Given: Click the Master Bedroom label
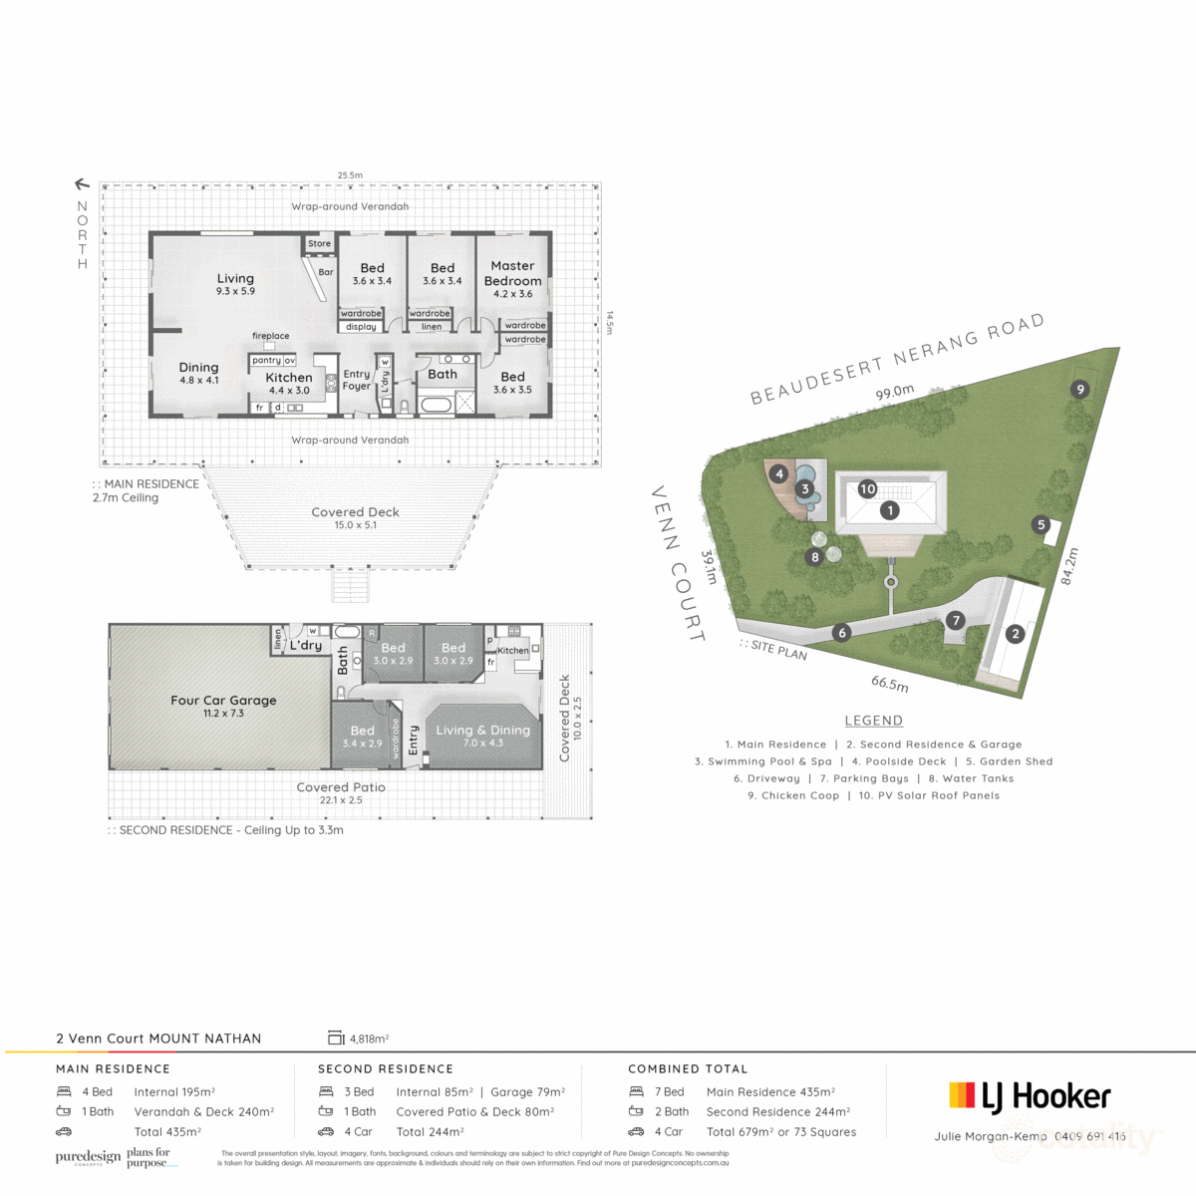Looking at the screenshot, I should pos(512,273).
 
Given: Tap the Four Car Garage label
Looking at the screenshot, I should pos(223,701).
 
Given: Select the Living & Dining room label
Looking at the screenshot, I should pos(482,731).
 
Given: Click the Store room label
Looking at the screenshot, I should pos(319,243).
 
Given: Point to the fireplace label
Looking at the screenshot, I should pos(270,337).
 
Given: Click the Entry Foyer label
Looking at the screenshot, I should pos(356,380).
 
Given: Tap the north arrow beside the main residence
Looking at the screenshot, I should pos(83,184).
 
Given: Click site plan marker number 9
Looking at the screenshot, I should pos(1079,390).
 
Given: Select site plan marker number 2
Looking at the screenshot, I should pos(1016,633).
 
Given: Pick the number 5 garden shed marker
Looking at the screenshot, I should pos(1042,524).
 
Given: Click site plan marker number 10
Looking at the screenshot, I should pos(867,488).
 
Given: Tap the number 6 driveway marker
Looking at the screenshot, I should pos(842,632).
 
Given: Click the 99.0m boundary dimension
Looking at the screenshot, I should pos(894,393).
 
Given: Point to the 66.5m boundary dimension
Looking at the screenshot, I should pos(889,685).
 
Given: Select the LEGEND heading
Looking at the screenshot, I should pos(873,721).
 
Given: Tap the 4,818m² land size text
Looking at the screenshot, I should pos(369,1039).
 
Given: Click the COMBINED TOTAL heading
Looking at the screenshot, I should pos(688,1068).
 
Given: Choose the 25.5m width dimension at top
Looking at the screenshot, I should pos(350,175).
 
